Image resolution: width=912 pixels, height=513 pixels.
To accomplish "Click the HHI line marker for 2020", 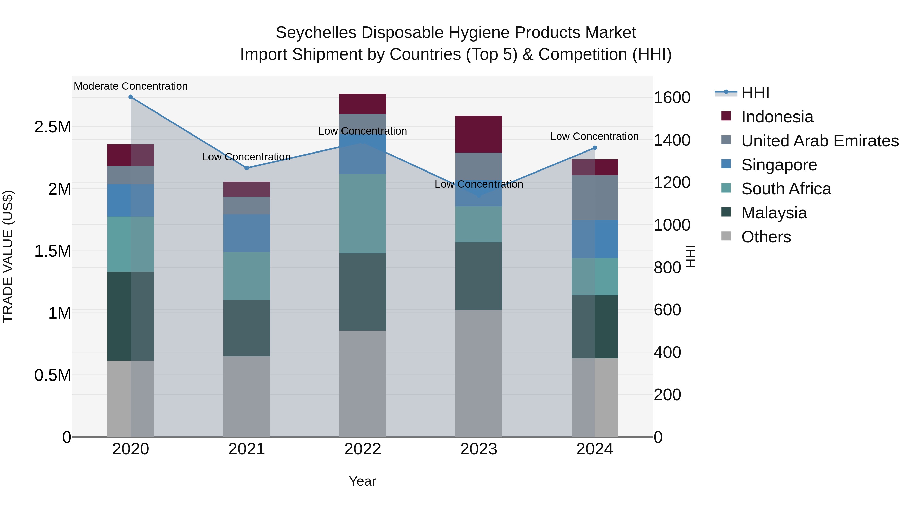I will [131, 97].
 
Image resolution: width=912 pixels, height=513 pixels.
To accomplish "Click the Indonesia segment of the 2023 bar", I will [479, 134].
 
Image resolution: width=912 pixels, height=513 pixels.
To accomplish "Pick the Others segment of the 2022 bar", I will [363, 384].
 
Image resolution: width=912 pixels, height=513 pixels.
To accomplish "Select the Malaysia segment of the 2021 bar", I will [247, 328].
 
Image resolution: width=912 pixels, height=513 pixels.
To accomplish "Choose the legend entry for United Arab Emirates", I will [820, 141].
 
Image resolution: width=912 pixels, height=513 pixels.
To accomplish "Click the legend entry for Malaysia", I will [774, 213].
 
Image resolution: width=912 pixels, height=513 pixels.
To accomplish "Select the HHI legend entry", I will [755, 93].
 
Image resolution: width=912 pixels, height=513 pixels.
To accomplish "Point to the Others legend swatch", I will [726, 236].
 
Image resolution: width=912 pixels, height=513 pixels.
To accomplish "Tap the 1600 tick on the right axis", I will [672, 98].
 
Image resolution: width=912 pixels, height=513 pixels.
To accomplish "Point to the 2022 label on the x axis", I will [363, 449].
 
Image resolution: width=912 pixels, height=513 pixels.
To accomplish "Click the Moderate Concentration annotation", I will [131, 86].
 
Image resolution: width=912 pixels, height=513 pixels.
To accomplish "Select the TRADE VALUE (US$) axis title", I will [8, 256].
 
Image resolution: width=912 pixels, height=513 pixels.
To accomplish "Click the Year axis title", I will [362, 481].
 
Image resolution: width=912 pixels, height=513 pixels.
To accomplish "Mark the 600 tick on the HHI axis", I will [667, 310].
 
